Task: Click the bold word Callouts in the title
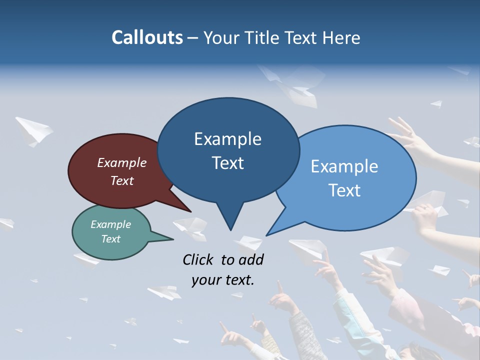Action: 147,37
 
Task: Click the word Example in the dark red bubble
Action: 122,163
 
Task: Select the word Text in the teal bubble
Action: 110,239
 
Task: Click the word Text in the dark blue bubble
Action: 228,163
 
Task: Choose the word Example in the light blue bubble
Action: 344,166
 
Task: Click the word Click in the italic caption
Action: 198,259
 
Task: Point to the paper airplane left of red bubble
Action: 34,131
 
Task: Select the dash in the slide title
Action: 193,38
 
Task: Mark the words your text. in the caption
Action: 223,280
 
